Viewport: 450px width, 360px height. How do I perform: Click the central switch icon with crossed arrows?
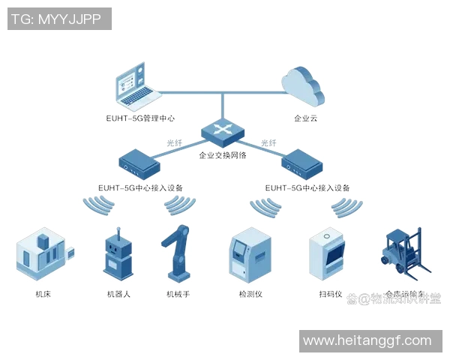(223, 133)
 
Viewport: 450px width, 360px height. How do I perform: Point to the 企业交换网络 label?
(223, 155)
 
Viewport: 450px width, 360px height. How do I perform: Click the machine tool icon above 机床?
(42, 253)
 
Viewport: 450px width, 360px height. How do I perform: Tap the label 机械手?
(178, 294)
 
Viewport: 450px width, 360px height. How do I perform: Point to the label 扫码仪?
(330, 294)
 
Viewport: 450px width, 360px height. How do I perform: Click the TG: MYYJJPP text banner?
(59, 19)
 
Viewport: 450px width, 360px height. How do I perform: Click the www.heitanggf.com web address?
(367, 341)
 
